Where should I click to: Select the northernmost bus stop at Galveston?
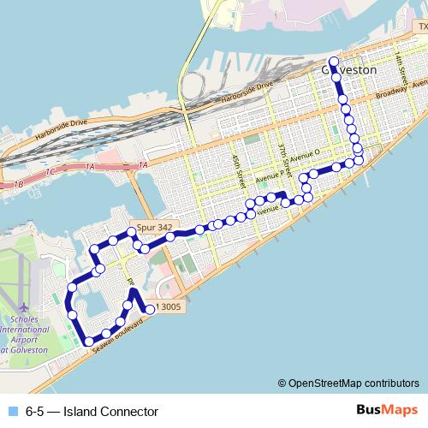334,62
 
